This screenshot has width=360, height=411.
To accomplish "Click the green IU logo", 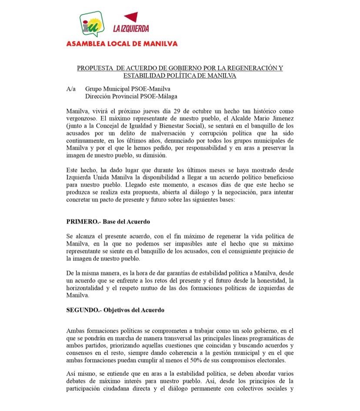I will pyautogui.click(x=92, y=23).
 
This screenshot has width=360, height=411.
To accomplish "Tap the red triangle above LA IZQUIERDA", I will pyautogui.click(x=131, y=18).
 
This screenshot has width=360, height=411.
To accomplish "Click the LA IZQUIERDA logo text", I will pyautogui.click(x=131, y=29).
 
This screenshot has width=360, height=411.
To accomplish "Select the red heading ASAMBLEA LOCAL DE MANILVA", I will pyautogui.click(x=122, y=43).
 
